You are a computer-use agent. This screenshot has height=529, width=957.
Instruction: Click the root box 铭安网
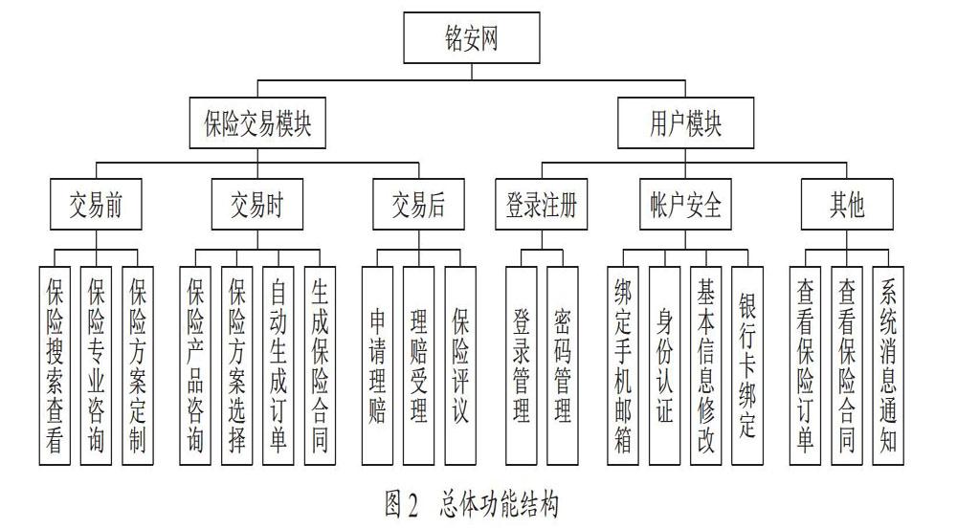tap(472, 38)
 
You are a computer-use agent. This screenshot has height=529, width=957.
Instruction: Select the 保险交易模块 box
tap(257, 122)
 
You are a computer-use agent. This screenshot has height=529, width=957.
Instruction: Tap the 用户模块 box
tap(685, 122)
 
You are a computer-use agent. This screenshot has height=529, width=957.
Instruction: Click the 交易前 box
tap(96, 205)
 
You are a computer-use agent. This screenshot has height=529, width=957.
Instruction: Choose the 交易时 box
tap(256, 205)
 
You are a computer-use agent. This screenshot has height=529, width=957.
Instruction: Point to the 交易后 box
tap(419, 205)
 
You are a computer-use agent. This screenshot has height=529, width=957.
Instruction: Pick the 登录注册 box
tap(542, 205)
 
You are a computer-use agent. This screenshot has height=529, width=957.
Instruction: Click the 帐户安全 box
tap(685, 205)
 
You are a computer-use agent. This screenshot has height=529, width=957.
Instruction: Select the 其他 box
tap(847, 205)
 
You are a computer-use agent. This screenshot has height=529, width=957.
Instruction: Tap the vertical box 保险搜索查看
tap(55, 365)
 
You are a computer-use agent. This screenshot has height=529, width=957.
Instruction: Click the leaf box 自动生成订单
tap(278, 365)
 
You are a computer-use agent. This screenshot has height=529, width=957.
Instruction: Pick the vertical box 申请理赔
tap(377, 365)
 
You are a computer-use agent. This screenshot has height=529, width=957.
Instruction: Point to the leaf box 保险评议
tap(460, 365)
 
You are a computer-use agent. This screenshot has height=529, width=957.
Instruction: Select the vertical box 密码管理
tap(562, 365)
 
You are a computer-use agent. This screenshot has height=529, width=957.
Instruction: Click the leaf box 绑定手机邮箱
tap(623, 365)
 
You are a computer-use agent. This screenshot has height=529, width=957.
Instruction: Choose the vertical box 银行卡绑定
tap(747, 365)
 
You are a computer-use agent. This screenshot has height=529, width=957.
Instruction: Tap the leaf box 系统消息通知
tap(888, 365)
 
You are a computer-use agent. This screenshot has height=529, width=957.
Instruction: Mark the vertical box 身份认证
tap(665, 365)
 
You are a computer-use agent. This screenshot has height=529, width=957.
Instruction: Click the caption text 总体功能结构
tap(499, 504)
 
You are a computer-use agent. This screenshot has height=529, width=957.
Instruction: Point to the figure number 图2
tap(402, 504)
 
